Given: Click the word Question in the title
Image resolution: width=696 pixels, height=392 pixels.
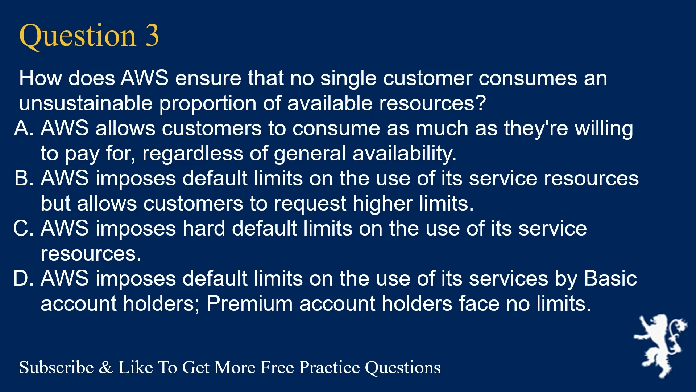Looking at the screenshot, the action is tap(78, 36).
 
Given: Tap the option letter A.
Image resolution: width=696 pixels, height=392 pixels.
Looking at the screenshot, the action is tap(24, 128).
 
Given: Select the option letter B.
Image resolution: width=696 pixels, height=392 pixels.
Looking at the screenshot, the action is tap(24, 178).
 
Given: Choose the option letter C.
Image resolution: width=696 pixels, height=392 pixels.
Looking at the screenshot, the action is tap(24, 228).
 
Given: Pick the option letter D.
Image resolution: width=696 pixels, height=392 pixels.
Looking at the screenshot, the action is tap(24, 278).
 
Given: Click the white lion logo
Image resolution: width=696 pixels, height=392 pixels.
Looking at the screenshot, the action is tap(660, 346).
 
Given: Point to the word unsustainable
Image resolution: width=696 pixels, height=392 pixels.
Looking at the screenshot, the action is tap(86, 103).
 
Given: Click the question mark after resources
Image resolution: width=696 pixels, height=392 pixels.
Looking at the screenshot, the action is tap(481, 103).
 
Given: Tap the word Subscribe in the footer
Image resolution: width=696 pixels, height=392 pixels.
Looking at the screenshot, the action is tap(57, 367).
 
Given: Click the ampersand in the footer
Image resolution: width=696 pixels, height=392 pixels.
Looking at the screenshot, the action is tap(106, 368).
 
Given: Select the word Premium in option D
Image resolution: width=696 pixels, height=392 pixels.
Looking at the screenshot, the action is tap(249, 303).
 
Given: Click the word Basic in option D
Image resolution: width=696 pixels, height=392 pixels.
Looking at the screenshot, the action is tap(610, 278).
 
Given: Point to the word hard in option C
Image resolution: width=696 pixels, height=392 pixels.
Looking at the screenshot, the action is tap(204, 228).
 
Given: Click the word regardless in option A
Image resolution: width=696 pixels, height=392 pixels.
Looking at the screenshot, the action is tap(192, 153).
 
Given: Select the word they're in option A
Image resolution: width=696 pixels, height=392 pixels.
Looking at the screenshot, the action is tap(536, 128).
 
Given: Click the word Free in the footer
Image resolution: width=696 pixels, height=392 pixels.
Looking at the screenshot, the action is tap(277, 367).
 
